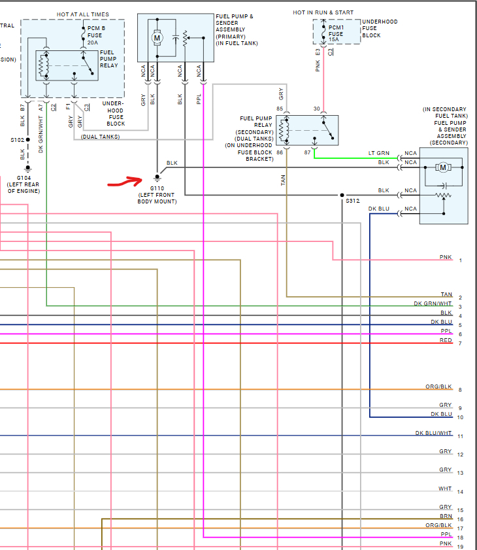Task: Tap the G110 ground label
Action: [x=157, y=188]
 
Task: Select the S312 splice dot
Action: [x=342, y=195]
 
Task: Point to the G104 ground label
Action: [x=24, y=178]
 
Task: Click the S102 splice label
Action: [x=17, y=140]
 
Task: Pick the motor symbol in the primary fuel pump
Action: [x=157, y=38]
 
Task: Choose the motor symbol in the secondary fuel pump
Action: [x=443, y=167]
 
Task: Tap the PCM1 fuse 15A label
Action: [x=336, y=34]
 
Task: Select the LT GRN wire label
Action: [x=379, y=153]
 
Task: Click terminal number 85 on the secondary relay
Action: [x=280, y=109]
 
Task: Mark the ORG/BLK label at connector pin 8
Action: [x=438, y=387]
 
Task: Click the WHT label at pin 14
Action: [x=445, y=489]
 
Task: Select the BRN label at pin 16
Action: [x=446, y=516]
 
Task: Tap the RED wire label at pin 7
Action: [x=446, y=340]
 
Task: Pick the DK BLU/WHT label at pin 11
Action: [x=434, y=433]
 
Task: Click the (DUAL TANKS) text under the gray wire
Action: [x=100, y=136]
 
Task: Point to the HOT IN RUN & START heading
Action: [x=323, y=12]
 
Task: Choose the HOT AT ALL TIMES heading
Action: [x=83, y=14]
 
